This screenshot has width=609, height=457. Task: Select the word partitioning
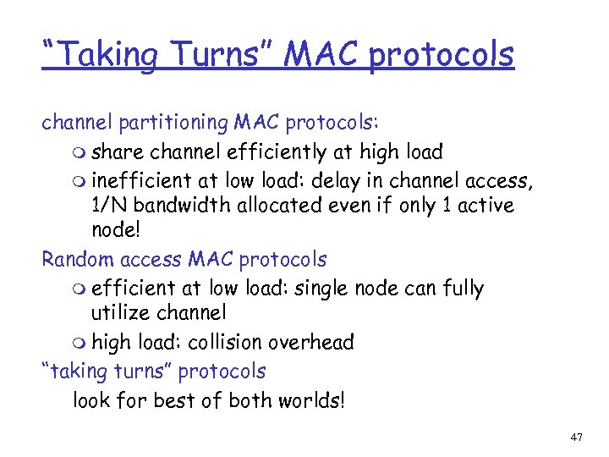(x=170, y=124)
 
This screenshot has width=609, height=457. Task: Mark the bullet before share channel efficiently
(x=80, y=153)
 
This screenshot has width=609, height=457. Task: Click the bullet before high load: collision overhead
(x=80, y=343)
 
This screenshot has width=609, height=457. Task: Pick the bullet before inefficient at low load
(x=80, y=180)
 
